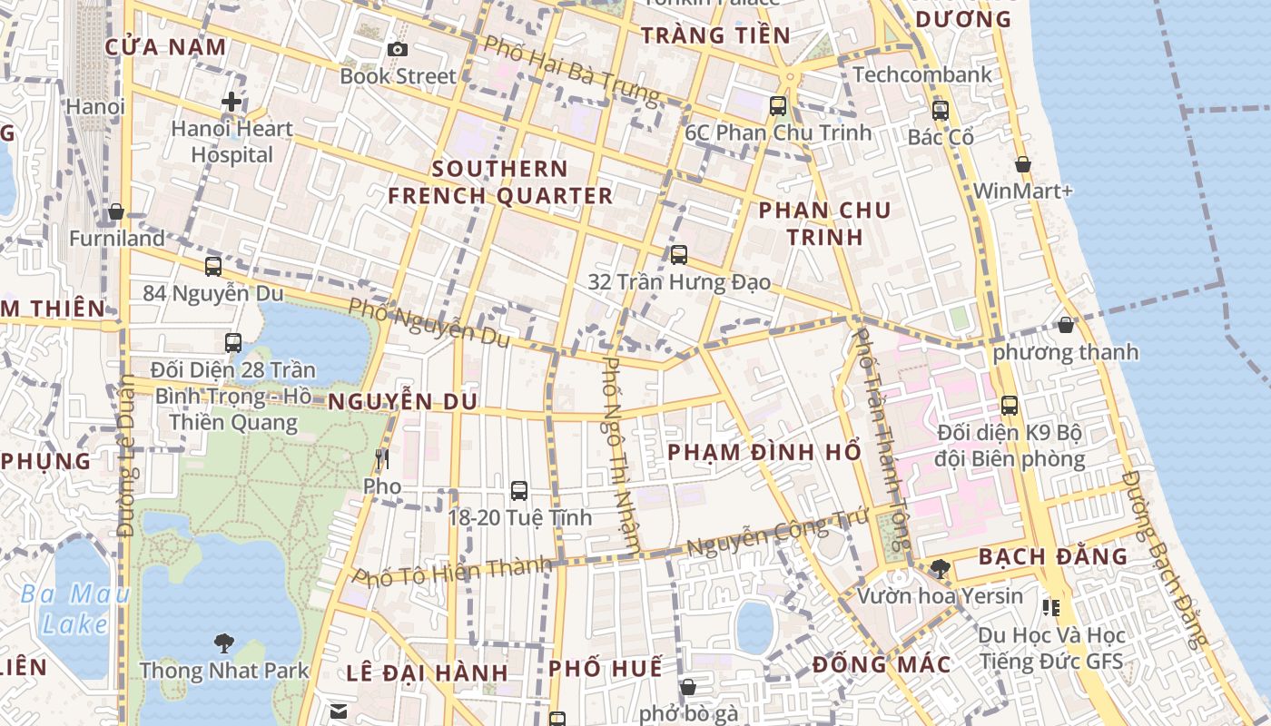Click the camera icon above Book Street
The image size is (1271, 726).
click(x=397, y=49)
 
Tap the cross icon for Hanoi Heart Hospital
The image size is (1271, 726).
click(x=232, y=102)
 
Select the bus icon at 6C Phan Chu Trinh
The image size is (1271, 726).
click(x=778, y=106)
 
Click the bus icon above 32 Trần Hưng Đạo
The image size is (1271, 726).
click(x=679, y=255)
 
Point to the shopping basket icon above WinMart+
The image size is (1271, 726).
click(x=1023, y=164)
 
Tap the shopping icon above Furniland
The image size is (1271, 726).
click(x=116, y=211)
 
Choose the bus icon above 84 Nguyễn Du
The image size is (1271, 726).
click(x=213, y=267)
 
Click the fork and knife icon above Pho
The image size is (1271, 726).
click(x=381, y=459)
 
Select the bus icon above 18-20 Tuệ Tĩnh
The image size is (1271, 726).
click(x=519, y=491)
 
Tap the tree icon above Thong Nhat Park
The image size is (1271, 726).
click(x=224, y=643)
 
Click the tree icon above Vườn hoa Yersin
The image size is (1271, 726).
click(x=941, y=569)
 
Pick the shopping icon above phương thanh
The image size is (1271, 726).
click(x=1066, y=324)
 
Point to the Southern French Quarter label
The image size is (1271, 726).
click(x=500, y=181)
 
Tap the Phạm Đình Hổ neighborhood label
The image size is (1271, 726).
click(x=764, y=452)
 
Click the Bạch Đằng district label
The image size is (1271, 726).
click(x=1053, y=556)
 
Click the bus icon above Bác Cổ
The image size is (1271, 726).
click(x=941, y=111)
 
